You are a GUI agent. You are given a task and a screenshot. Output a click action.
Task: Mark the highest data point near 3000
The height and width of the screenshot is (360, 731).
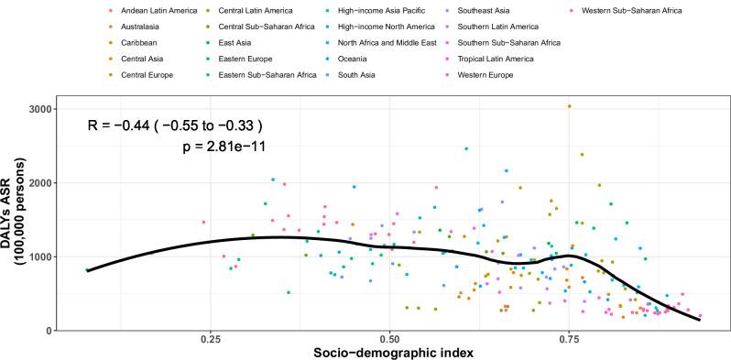[569, 106]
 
